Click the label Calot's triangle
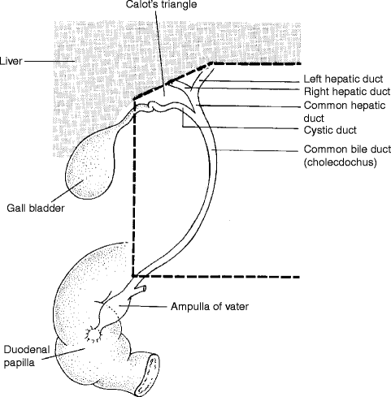(x=161, y=4)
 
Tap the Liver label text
(x=11, y=61)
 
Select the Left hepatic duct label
(x=343, y=79)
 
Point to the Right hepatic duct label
(x=347, y=92)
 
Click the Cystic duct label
(x=330, y=130)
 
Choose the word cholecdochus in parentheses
(x=341, y=162)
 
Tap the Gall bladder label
(x=36, y=208)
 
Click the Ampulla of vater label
(x=210, y=307)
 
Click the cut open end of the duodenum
(x=147, y=374)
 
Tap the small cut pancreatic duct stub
(x=141, y=290)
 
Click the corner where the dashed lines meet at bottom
(x=133, y=276)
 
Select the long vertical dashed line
(x=134, y=188)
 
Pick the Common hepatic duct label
(x=345, y=112)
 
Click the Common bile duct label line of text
(x=347, y=149)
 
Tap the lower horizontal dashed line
(x=216, y=277)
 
